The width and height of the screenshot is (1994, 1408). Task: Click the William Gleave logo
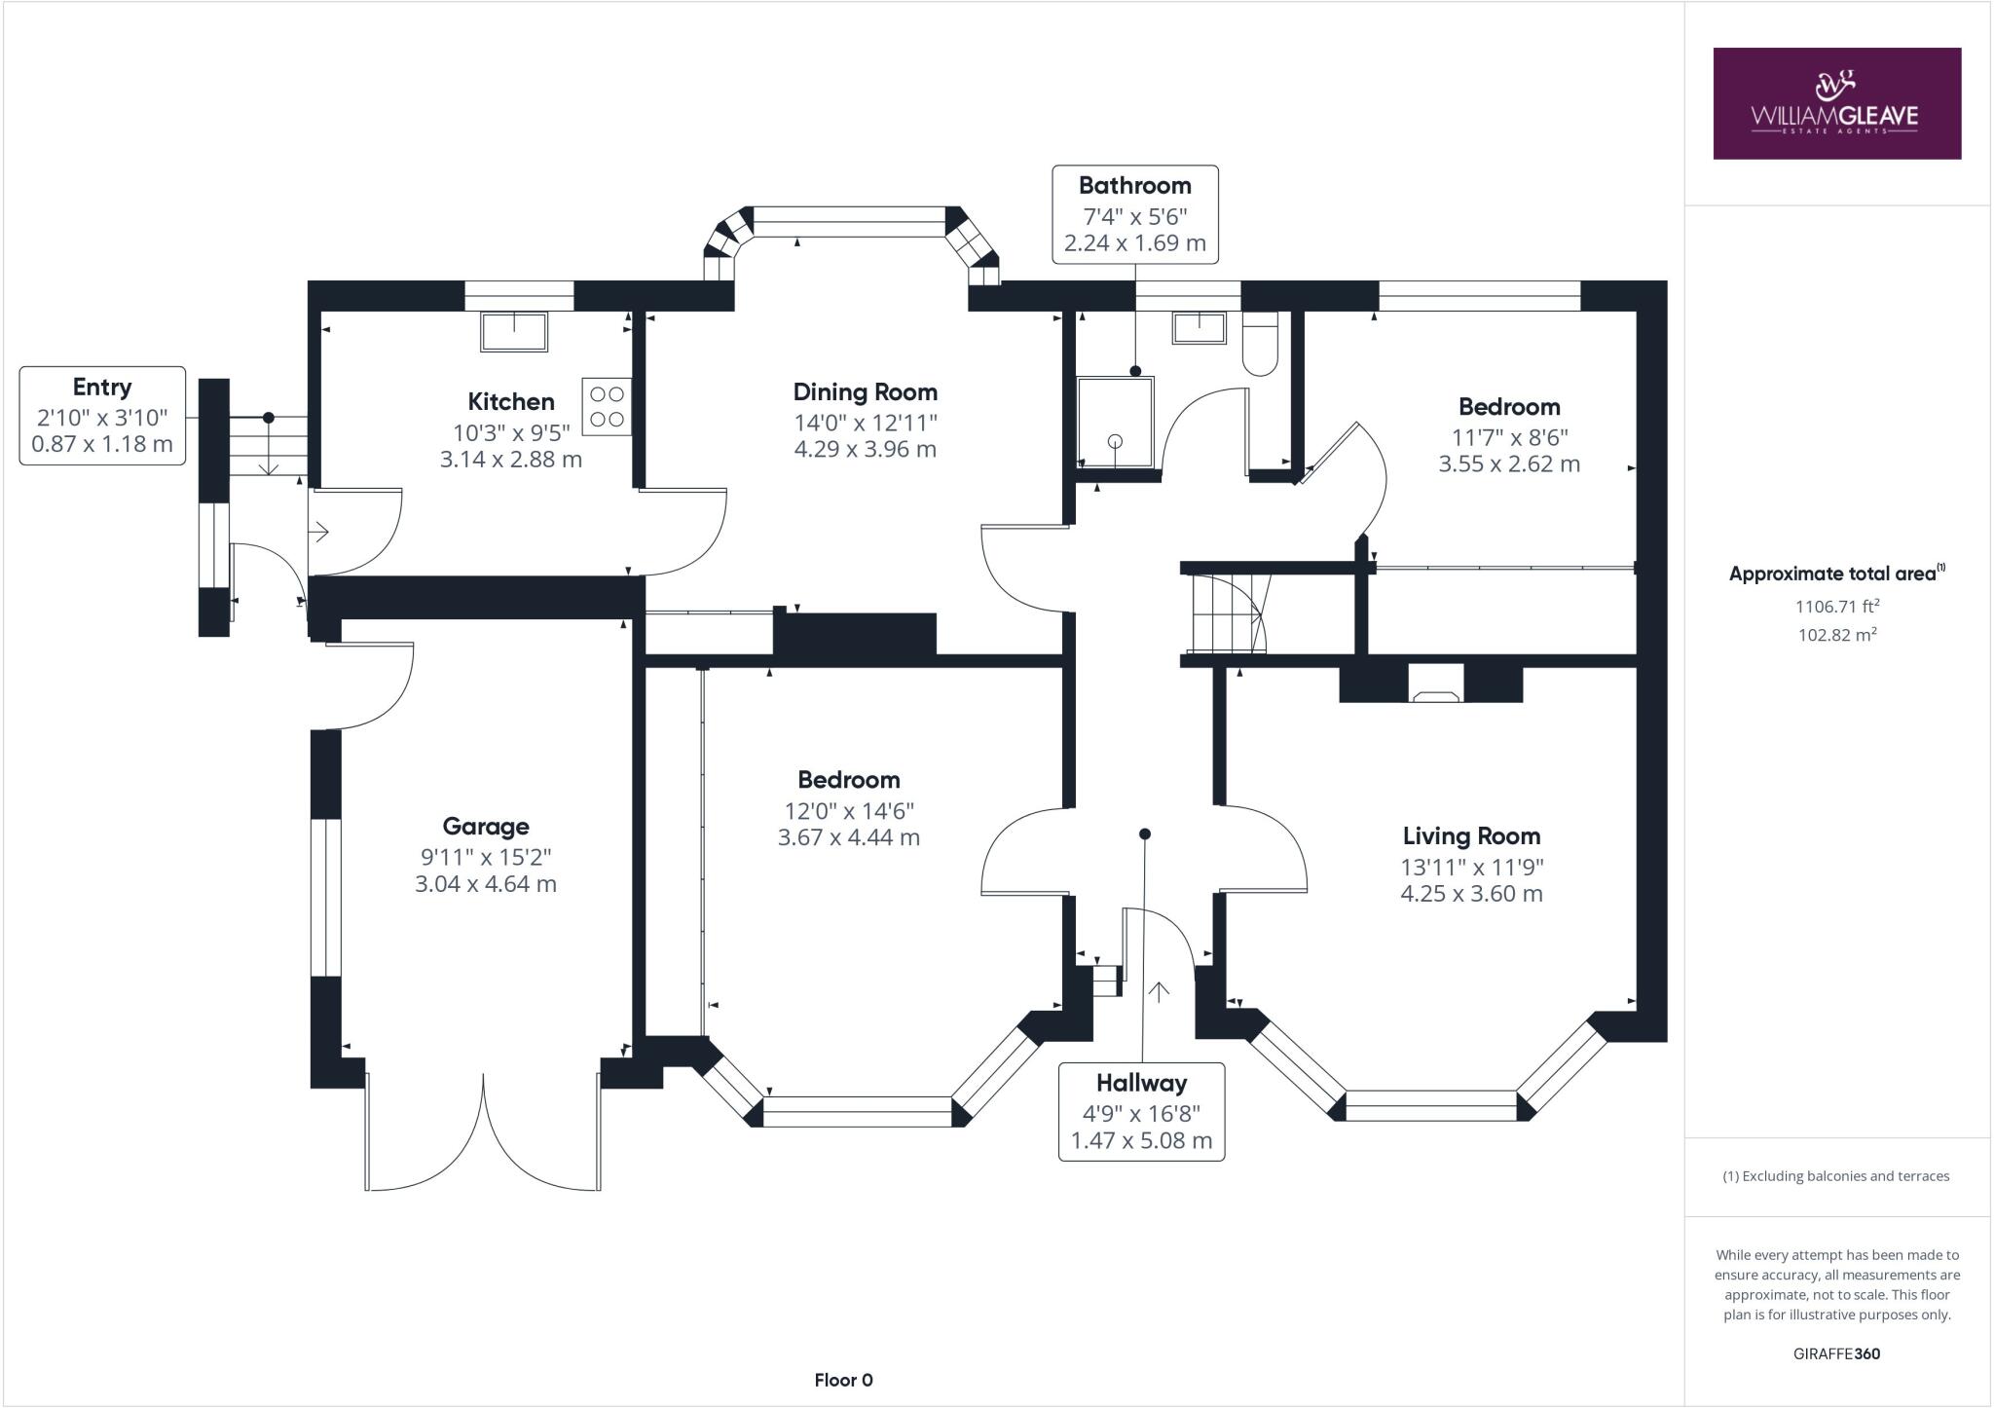(x=1836, y=103)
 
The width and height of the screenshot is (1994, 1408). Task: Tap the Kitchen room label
(x=511, y=401)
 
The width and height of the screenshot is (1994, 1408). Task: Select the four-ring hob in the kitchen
(x=607, y=406)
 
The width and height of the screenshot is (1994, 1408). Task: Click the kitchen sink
(x=514, y=331)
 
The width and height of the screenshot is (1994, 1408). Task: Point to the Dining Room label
(x=865, y=392)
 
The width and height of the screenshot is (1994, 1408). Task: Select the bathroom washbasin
(x=1199, y=328)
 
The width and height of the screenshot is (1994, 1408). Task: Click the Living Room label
(x=1471, y=835)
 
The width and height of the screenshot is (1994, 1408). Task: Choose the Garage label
(x=486, y=827)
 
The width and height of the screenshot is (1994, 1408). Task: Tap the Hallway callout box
(x=1141, y=1111)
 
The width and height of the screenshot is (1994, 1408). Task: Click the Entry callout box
(x=102, y=416)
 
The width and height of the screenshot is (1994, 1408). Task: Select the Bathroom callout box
(x=1134, y=214)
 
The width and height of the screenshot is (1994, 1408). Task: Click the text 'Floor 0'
(x=843, y=1380)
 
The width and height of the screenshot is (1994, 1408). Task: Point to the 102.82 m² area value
(x=1836, y=635)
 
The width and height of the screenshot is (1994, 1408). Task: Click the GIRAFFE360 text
(x=1836, y=1353)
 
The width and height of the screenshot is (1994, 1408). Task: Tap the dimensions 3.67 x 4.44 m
(x=848, y=837)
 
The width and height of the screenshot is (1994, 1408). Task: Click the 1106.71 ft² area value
(x=1836, y=606)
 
